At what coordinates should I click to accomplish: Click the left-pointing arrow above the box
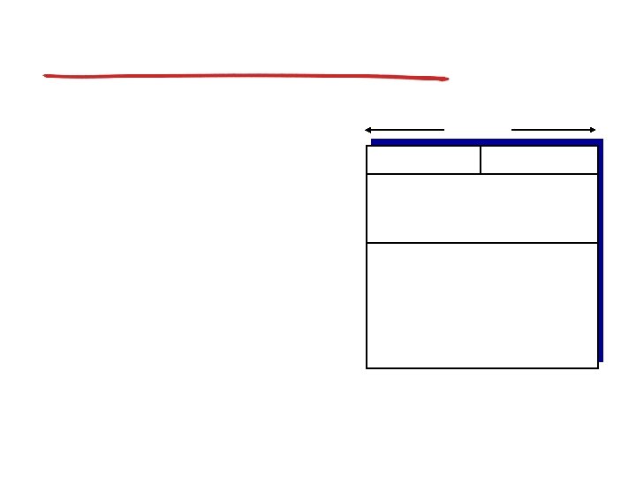(405, 130)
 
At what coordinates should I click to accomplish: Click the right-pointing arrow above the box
(555, 130)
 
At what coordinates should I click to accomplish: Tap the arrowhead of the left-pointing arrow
(367, 130)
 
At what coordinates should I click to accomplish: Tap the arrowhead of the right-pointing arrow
(594, 130)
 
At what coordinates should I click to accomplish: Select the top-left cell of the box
(423, 160)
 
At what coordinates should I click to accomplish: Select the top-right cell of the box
(539, 160)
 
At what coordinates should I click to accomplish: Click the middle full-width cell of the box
(481, 208)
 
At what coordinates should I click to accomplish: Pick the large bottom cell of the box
(481, 305)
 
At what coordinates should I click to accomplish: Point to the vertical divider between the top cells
(481, 160)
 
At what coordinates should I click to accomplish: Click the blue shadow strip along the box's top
(486, 142)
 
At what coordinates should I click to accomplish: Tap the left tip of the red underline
(46, 76)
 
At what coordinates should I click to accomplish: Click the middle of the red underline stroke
(246, 76)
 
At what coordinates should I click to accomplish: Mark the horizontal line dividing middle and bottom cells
(481, 242)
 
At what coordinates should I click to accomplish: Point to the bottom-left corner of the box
(367, 367)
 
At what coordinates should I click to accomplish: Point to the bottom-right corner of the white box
(598, 367)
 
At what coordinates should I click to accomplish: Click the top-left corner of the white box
(367, 146)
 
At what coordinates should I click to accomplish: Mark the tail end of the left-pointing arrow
(443, 130)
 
